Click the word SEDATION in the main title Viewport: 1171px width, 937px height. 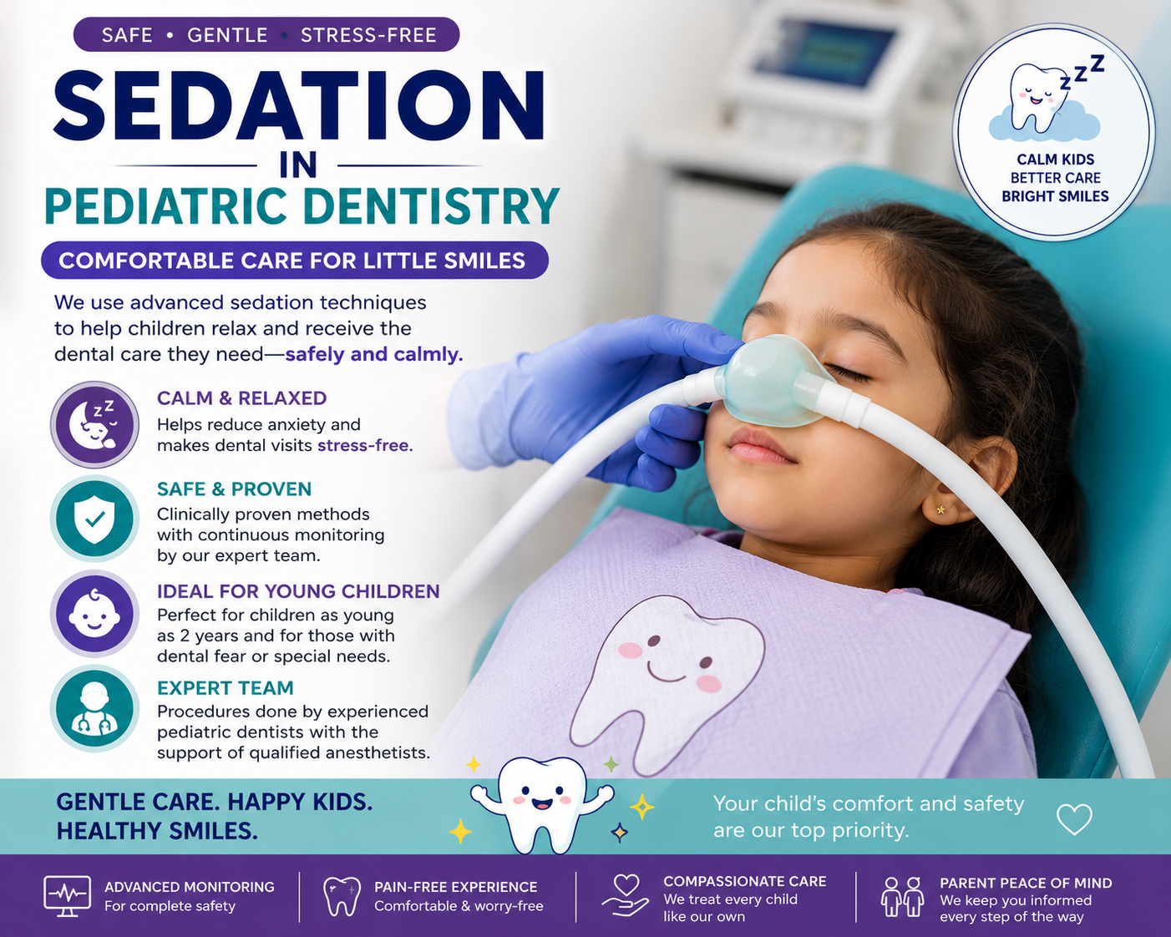[299, 106]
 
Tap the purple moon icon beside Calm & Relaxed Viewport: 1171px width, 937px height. [94, 424]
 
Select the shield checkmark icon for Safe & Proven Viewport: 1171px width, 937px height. [94, 519]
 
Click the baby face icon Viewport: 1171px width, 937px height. [94, 613]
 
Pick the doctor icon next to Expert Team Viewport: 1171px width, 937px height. [94, 708]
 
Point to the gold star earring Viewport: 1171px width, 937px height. [940, 510]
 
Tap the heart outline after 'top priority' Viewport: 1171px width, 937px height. [1074, 819]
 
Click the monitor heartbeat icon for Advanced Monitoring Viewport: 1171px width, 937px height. [67, 896]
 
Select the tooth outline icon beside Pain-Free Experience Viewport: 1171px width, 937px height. [342, 896]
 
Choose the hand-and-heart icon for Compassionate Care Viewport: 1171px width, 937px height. [626, 895]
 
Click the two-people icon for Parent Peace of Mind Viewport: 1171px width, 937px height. [902, 896]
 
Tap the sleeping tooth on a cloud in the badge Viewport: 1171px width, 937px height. [1044, 104]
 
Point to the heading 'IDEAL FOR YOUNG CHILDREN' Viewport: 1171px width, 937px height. [298, 591]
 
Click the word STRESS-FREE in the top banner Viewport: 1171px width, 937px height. [368, 35]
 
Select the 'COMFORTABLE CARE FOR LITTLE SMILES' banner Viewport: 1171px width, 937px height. [294, 260]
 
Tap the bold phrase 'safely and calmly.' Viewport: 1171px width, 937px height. [374, 354]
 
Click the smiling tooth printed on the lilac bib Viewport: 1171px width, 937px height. [667, 683]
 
